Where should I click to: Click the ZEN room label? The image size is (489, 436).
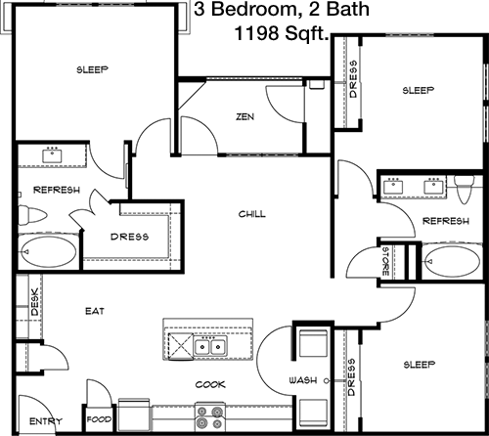245,116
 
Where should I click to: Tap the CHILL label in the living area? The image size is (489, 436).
252,214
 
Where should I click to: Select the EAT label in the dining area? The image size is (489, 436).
95,311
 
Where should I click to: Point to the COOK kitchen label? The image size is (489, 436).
210,384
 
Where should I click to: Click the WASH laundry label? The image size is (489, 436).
303,380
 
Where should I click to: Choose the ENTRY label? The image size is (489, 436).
46,421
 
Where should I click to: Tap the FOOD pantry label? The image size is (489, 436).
99,419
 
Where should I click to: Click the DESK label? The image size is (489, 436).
34,302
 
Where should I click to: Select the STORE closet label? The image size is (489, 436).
385,261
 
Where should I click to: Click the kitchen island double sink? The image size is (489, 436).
210,347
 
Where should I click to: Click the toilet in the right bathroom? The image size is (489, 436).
465,189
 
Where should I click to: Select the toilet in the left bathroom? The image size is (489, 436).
32,215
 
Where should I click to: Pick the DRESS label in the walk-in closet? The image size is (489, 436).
129,237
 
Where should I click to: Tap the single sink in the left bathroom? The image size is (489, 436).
52,154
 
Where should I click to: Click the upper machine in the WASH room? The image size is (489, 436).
313,343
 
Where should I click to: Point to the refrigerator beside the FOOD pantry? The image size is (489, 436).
134,414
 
